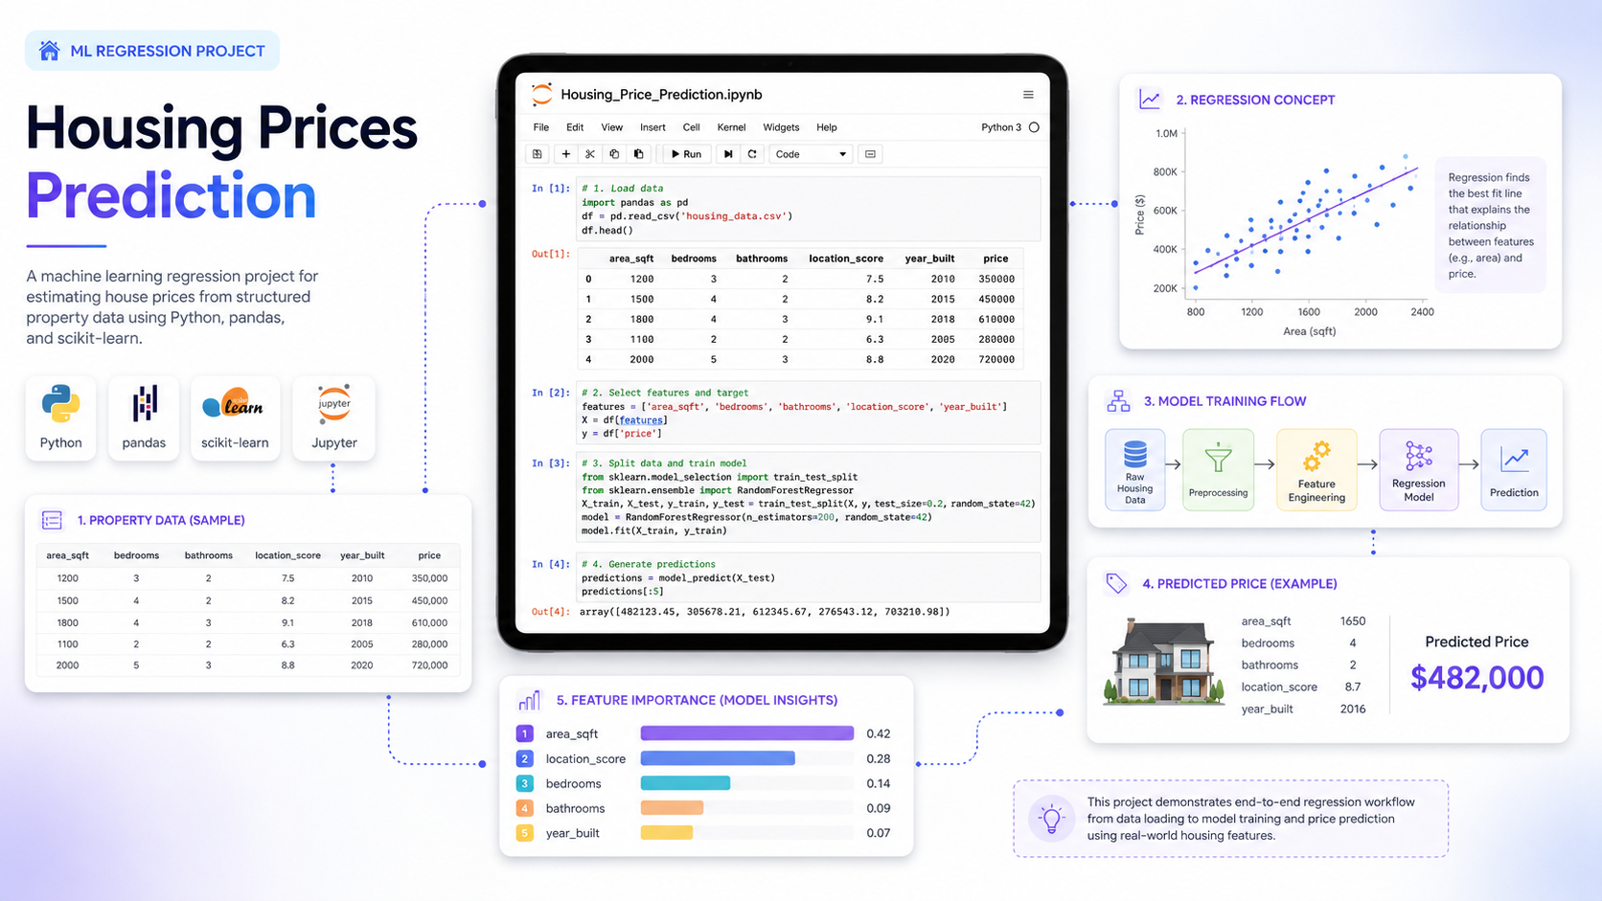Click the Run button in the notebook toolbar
point(687,153)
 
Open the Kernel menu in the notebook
point(731,127)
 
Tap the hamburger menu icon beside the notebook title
point(1028,95)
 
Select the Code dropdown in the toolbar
point(811,153)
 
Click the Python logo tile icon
point(60,404)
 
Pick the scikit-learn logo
point(233,405)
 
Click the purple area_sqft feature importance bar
point(746,733)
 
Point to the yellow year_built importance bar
point(667,832)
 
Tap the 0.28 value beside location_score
point(879,758)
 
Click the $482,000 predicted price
point(1476,677)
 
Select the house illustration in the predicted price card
point(1163,662)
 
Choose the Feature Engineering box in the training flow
point(1316,469)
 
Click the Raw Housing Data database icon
point(1135,454)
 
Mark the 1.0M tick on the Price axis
point(1166,134)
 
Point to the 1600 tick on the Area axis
point(1309,311)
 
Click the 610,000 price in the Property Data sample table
point(429,622)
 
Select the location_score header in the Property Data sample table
point(287,555)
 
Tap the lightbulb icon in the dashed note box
point(1051,819)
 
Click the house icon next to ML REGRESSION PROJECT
point(50,51)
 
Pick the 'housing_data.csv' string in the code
point(735,215)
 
